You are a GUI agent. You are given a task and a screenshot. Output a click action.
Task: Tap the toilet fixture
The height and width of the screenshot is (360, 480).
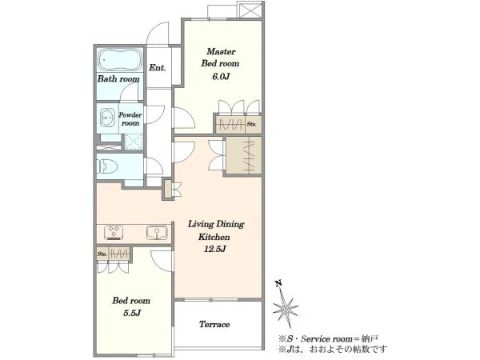click(107, 166)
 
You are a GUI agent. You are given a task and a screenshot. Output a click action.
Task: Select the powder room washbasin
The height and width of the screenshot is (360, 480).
click(107, 118)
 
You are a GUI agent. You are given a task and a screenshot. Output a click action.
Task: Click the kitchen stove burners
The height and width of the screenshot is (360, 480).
click(114, 232)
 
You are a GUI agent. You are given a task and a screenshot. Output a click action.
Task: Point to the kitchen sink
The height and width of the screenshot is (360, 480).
click(157, 233)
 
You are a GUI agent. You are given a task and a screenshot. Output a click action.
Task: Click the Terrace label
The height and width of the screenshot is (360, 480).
click(214, 324)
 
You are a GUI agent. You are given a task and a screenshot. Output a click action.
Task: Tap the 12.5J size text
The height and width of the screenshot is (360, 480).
click(215, 249)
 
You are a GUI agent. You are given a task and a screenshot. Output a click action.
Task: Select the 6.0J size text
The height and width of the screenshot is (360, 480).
click(221, 76)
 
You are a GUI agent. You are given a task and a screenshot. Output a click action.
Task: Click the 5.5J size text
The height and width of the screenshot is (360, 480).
click(132, 313)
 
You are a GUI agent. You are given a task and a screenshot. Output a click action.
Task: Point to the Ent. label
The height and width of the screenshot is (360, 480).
click(158, 68)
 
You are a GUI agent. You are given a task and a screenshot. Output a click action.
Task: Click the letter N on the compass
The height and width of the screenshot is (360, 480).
click(278, 284)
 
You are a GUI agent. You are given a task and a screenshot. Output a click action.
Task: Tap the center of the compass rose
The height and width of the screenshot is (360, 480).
click(286, 309)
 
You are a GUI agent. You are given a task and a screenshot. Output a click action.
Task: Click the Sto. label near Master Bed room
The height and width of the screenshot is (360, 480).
click(251, 124)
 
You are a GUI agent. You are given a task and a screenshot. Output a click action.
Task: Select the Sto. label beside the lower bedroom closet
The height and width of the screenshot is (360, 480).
click(102, 254)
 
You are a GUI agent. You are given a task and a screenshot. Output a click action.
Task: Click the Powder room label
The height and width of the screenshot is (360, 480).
click(130, 119)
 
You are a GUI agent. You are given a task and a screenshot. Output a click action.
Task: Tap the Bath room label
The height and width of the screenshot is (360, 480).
click(118, 79)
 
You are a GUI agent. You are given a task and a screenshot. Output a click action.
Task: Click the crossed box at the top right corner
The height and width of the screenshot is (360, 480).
click(250, 10)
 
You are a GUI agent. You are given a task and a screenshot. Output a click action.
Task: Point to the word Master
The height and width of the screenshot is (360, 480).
click(221, 51)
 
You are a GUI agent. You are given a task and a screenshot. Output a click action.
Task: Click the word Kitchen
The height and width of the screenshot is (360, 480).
click(214, 237)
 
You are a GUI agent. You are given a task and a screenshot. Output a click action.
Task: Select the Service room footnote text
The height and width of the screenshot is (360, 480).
click(329, 339)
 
